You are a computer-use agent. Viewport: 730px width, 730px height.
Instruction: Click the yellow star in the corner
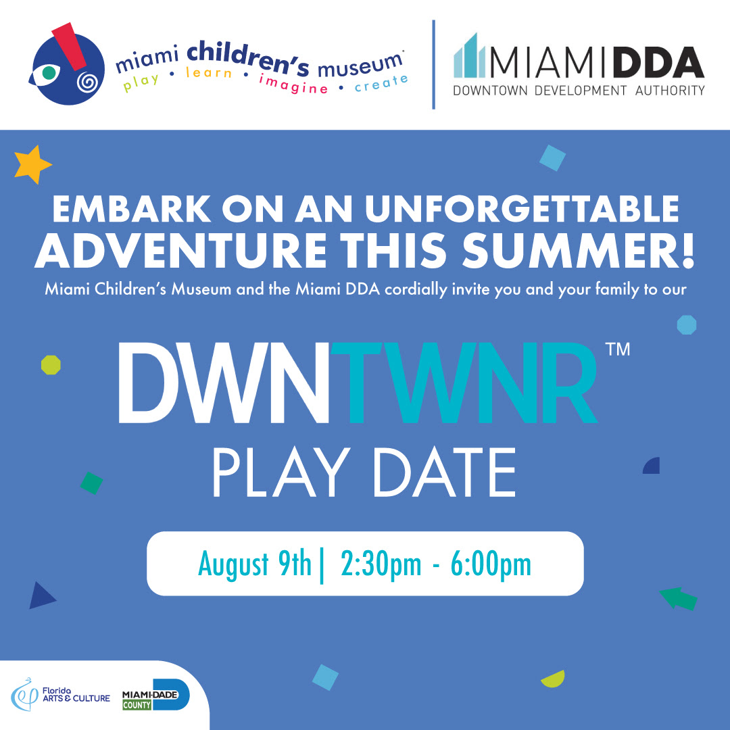coord(32,164)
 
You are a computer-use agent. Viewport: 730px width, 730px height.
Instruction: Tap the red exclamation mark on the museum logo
coord(70,47)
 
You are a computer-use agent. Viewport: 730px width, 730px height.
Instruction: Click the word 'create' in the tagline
coord(381,83)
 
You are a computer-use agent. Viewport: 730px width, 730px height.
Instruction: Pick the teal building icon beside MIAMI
coord(470,55)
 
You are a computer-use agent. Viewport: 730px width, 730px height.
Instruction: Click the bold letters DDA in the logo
coord(658,62)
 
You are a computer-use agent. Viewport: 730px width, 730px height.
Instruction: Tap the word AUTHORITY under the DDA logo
coord(670,91)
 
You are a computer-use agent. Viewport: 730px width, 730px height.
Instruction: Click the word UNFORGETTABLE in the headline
coord(522,209)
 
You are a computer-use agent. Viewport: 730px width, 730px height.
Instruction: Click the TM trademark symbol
coord(618,349)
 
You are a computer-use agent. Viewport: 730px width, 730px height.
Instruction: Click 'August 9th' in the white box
coord(255,564)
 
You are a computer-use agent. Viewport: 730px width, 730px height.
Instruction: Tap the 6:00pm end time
coord(491,564)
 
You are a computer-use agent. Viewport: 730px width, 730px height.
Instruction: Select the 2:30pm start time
coord(381,564)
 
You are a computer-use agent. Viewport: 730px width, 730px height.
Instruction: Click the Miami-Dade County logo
coord(155,695)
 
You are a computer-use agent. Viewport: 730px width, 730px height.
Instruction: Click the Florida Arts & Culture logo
coord(61,695)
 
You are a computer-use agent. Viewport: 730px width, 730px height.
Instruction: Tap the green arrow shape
coord(679,598)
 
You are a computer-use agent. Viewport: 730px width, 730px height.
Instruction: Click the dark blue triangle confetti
coord(41,595)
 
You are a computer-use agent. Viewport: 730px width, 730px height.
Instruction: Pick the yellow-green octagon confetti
coord(51,365)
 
